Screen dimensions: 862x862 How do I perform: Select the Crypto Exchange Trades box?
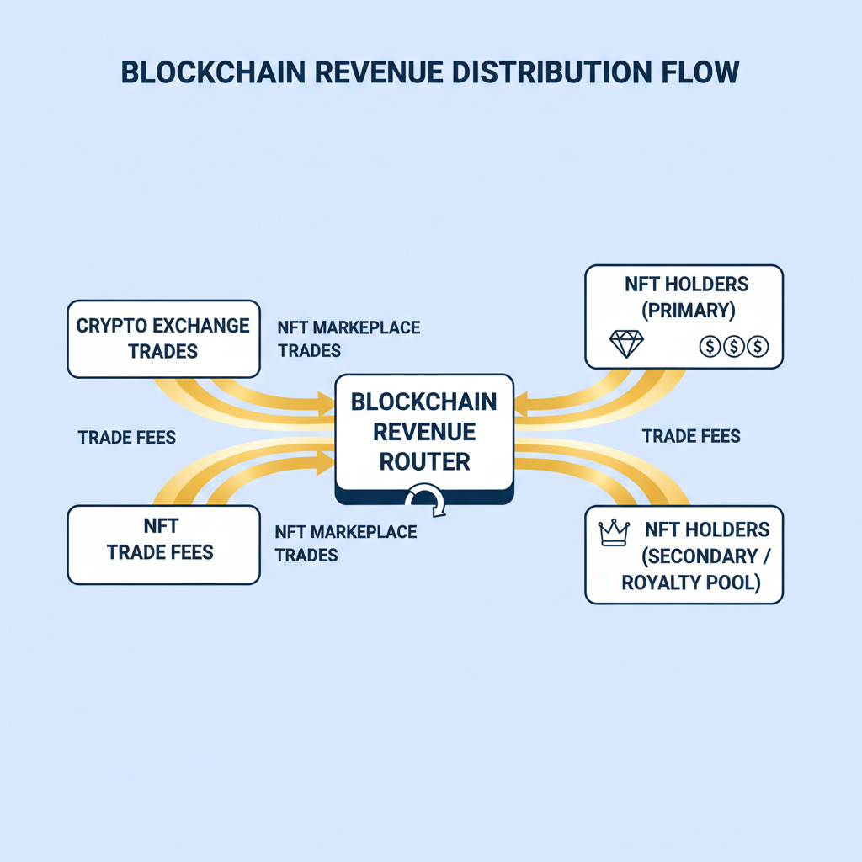click(x=163, y=338)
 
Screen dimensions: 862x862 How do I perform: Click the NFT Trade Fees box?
click(x=163, y=544)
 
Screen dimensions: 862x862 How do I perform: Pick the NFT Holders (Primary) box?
click(x=684, y=316)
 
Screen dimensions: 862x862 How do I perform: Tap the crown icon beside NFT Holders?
click(x=614, y=533)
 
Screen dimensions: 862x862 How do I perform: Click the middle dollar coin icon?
click(x=733, y=346)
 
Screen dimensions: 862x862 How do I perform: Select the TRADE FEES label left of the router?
click(x=126, y=438)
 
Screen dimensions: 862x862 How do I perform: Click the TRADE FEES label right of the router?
click(x=691, y=436)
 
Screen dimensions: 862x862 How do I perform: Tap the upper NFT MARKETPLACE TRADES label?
click(x=348, y=338)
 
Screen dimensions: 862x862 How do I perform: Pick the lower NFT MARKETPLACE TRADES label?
click(x=346, y=543)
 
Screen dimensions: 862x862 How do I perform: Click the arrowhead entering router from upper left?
click(x=325, y=405)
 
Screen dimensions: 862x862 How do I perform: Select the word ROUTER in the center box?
click(x=424, y=460)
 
